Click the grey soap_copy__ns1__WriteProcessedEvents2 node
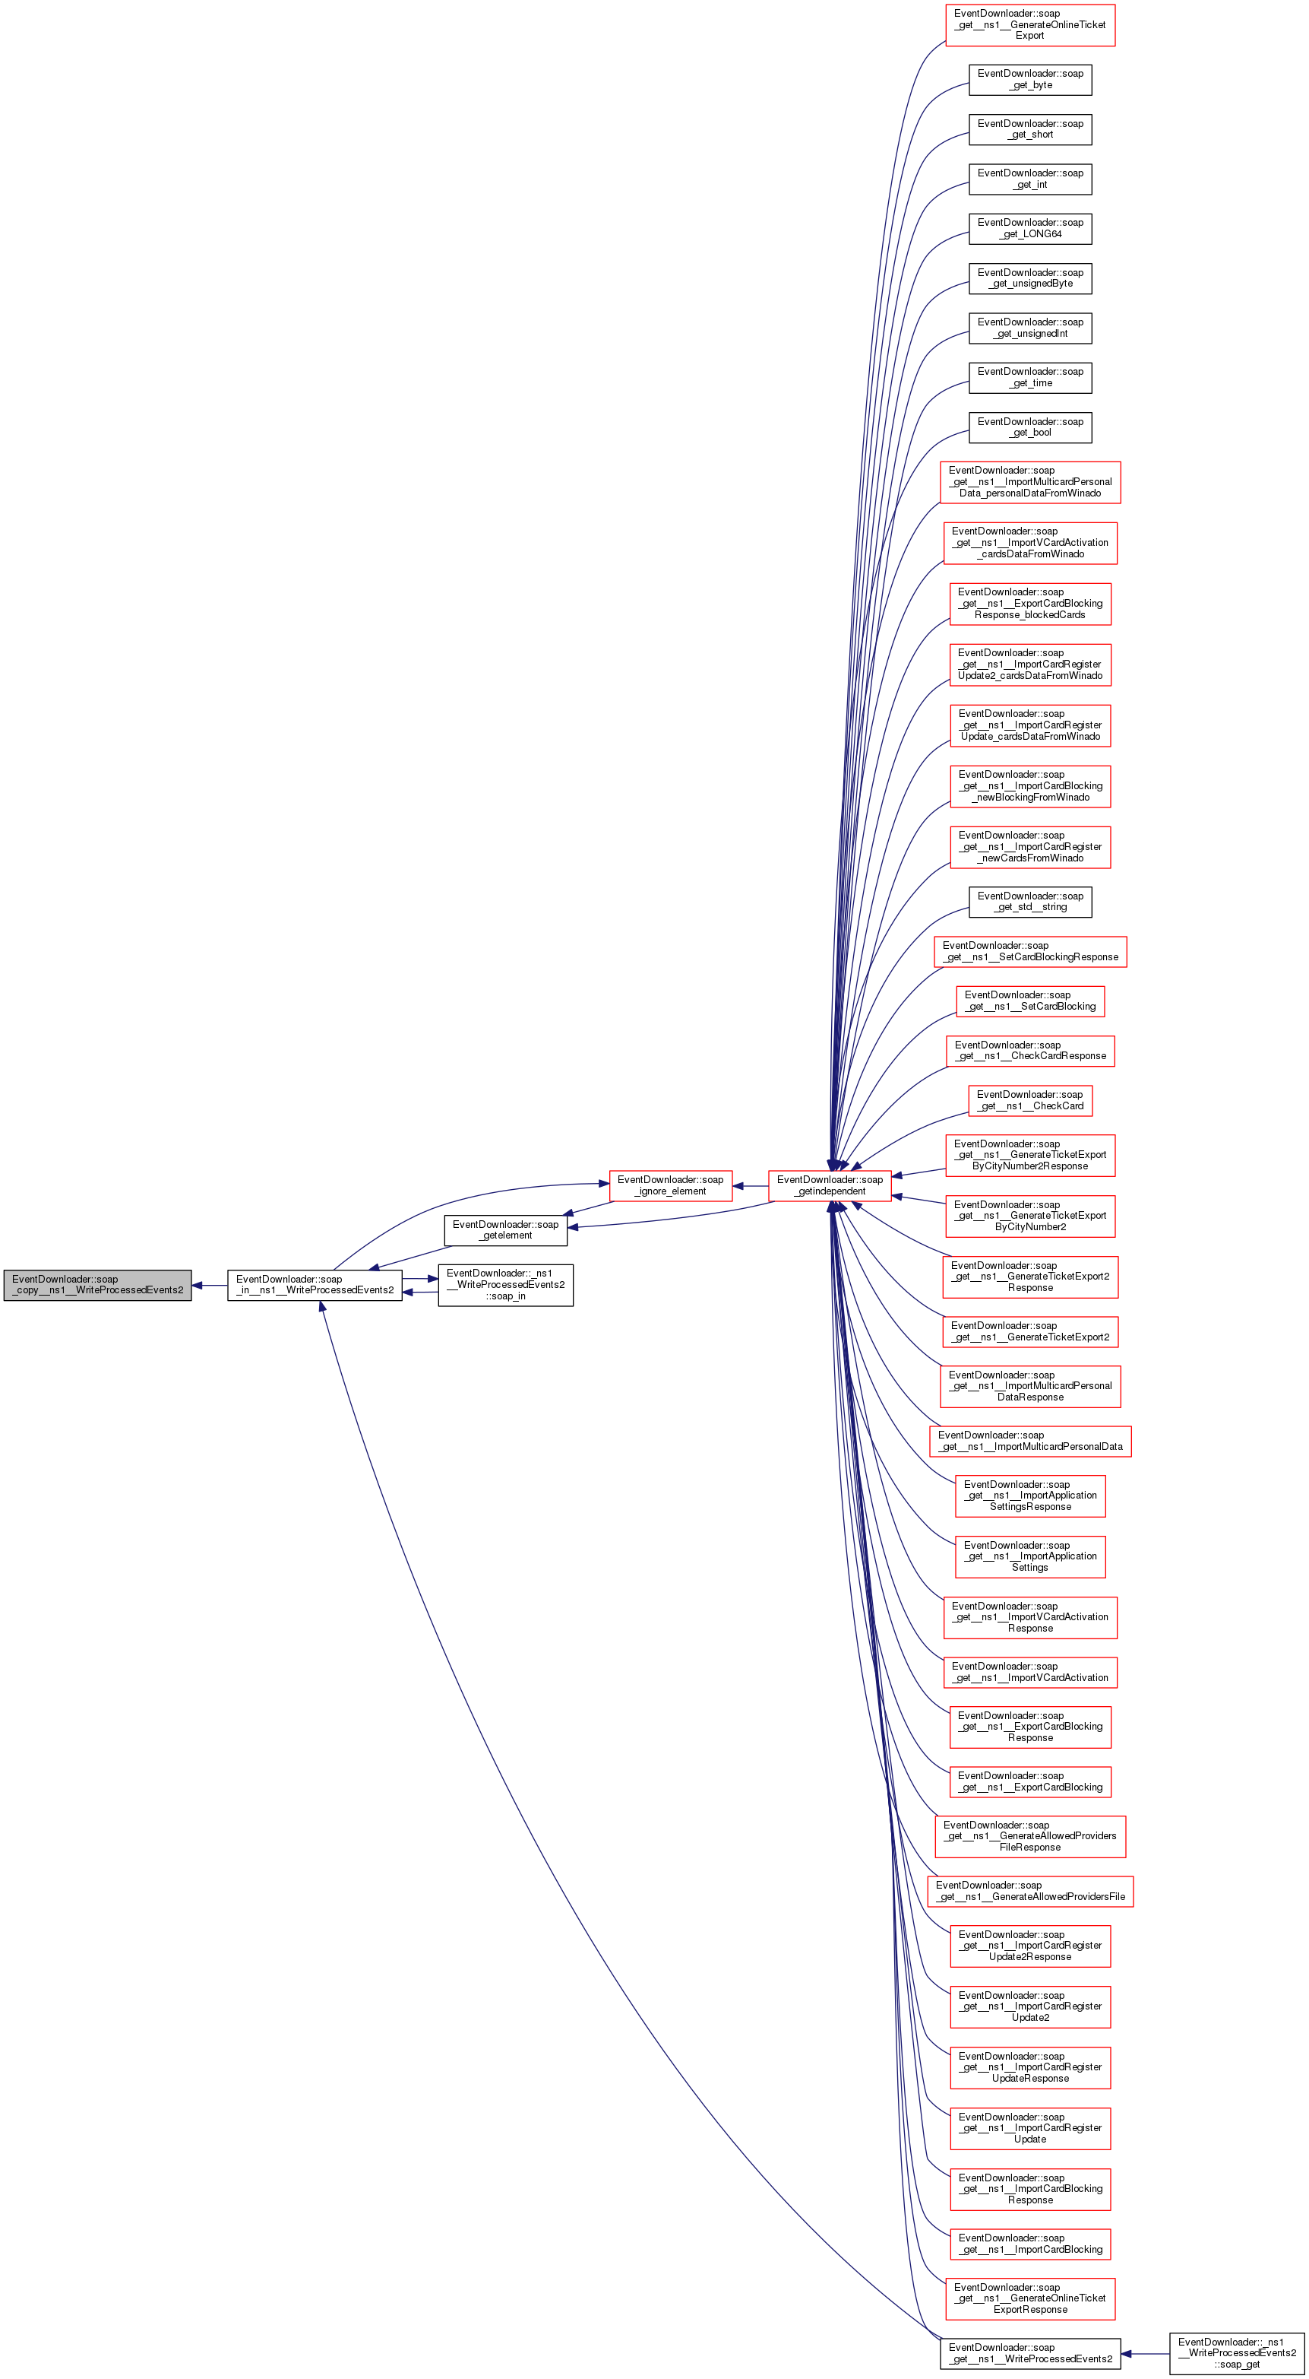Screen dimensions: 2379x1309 click(97, 1285)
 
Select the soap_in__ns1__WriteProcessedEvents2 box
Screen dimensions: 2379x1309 click(315, 1285)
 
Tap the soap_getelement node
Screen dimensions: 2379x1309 click(505, 1229)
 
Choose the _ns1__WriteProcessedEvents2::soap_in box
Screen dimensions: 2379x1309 click(505, 1285)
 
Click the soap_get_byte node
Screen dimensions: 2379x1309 click(1029, 79)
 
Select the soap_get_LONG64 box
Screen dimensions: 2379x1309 click(1029, 228)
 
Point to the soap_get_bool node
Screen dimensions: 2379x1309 click(1029, 427)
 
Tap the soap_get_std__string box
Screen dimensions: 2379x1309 click(1029, 902)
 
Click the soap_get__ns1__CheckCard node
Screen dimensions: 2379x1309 click(1029, 1100)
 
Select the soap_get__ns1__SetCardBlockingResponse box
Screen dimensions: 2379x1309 click(1029, 951)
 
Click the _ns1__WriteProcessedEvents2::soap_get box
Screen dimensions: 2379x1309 click(1236, 2352)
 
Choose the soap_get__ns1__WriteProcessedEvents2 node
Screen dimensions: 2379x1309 click(1029, 2353)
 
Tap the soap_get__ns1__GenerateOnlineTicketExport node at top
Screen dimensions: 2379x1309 click(1029, 25)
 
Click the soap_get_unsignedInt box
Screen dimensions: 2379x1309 click(1029, 328)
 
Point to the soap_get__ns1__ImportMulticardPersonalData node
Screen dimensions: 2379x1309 click(1029, 1441)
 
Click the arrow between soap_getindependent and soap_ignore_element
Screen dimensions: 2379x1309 click(751, 1186)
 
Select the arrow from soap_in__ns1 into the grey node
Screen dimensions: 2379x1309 click(210, 1285)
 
